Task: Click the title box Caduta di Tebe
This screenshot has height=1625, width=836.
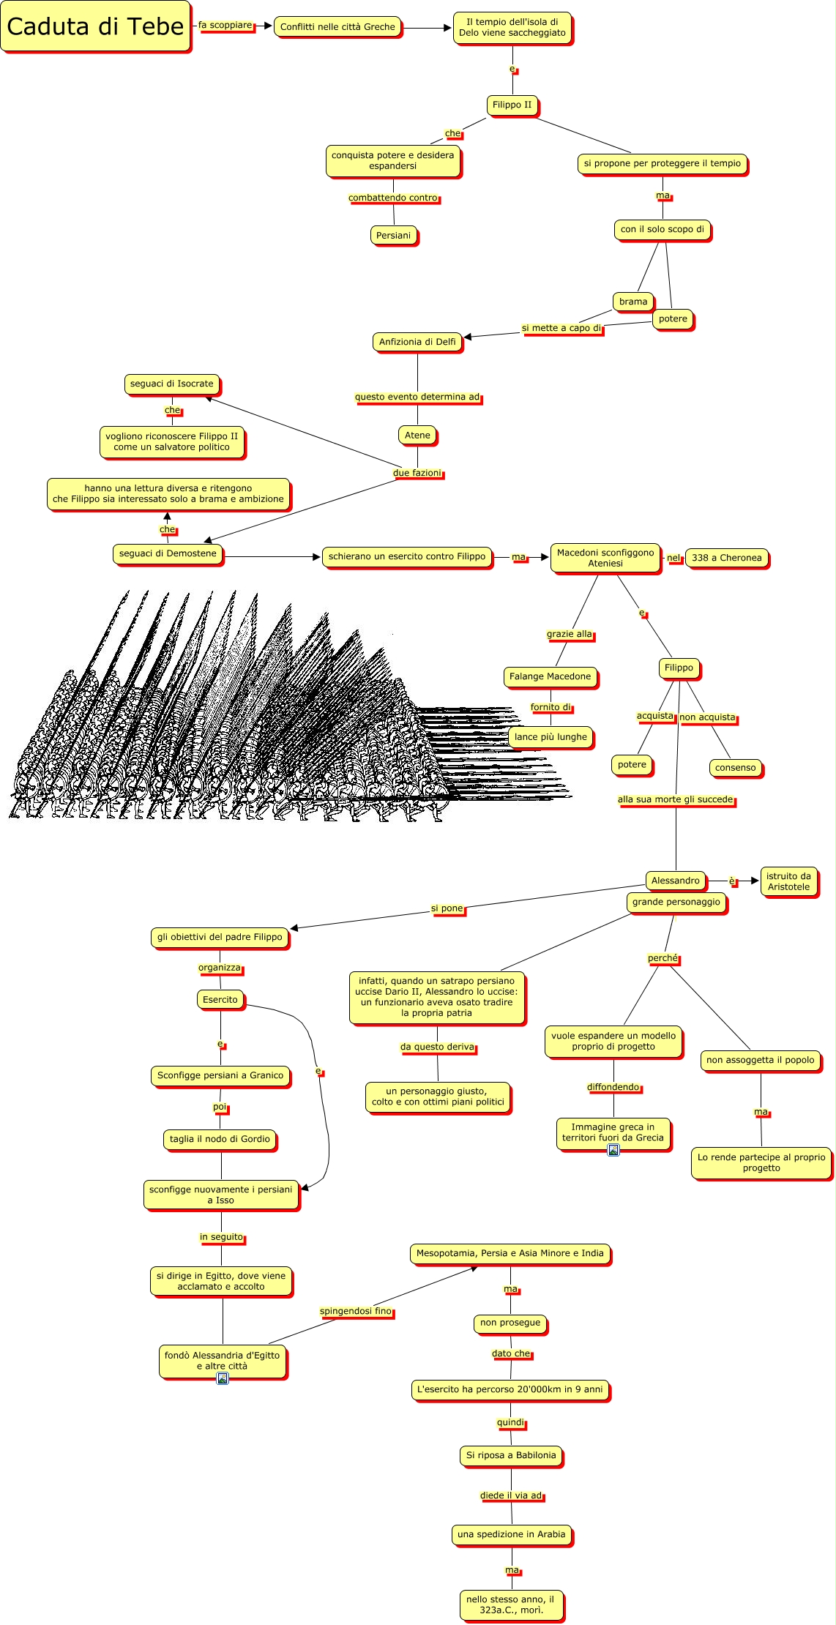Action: [x=95, y=27]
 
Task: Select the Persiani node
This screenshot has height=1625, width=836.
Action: [x=394, y=236]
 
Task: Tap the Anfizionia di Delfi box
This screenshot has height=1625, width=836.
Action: [x=417, y=342]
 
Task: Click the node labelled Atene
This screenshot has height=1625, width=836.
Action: [x=417, y=436]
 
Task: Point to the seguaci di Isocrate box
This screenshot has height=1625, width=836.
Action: [x=172, y=384]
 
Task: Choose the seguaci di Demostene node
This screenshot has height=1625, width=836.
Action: [x=168, y=553]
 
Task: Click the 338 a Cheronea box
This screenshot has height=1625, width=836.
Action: [x=726, y=558]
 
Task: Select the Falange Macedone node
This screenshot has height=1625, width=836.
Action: [x=550, y=677]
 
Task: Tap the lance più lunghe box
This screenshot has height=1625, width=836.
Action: [x=551, y=737]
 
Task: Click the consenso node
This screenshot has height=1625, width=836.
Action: [x=735, y=768]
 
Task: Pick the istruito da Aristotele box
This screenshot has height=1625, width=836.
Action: [x=788, y=881]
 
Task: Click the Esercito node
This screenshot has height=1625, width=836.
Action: [x=220, y=1000]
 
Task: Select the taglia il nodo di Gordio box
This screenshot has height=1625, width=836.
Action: [x=220, y=1139]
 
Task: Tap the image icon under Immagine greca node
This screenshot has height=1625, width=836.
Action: [x=613, y=1150]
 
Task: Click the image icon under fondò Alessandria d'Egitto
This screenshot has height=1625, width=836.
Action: [x=223, y=1378]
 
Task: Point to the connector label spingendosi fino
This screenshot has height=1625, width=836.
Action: [x=356, y=1311]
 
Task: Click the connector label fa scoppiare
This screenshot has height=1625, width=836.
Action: [x=225, y=26]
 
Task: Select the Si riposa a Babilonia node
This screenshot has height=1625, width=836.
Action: [x=511, y=1455]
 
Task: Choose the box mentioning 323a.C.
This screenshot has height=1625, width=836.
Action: [x=511, y=1605]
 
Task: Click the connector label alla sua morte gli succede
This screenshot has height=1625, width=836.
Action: [x=675, y=799]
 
